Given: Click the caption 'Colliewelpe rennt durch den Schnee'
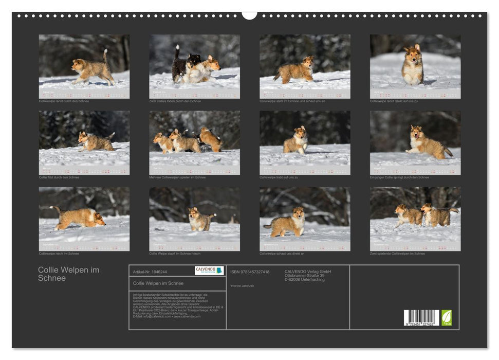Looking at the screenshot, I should tap(64, 101).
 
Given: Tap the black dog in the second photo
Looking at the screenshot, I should tap(180, 65).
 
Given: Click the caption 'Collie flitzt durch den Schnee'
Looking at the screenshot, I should tap(59, 177).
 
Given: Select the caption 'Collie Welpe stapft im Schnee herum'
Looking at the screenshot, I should tap(175, 254).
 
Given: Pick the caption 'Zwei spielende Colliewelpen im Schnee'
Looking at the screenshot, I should tap(397, 254).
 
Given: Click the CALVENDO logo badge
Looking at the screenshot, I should tap(209, 271).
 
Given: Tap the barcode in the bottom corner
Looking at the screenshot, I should tap(421, 318).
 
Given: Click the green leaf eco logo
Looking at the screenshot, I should tap(447, 317).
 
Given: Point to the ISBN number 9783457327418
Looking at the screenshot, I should tap(250, 272).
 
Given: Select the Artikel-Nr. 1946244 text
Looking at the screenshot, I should tap(150, 272).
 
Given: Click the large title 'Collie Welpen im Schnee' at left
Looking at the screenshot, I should tap(68, 274).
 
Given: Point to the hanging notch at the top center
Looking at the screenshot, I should tap(249, 15).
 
